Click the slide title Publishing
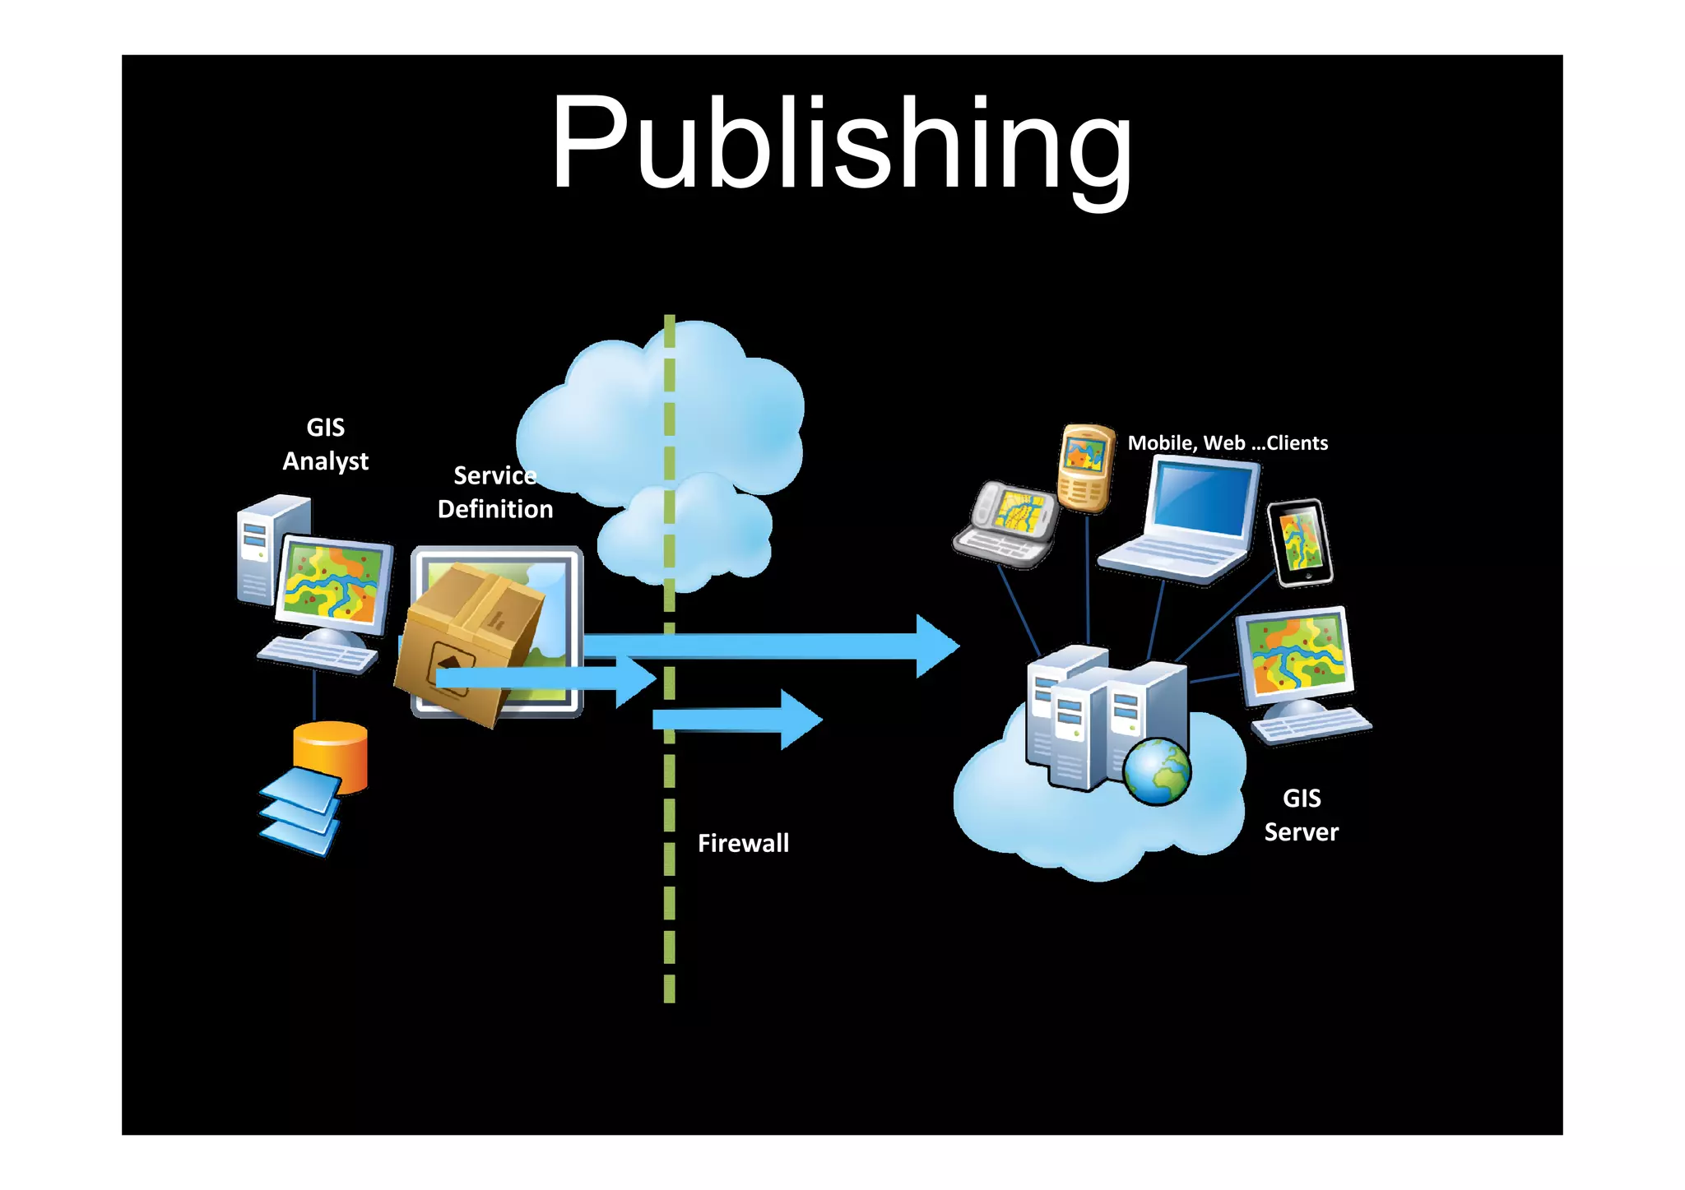[841, 144]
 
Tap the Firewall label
[743, 843]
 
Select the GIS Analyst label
[325, 444]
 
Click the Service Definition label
[495, 493]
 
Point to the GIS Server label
[1301, 815]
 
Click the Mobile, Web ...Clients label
[1228, 443]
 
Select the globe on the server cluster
[1157, 771]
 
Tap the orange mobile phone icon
[1085, 467]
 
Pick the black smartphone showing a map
[1300, 543]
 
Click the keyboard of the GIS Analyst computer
[318, 655]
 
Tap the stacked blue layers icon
[300, 813]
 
